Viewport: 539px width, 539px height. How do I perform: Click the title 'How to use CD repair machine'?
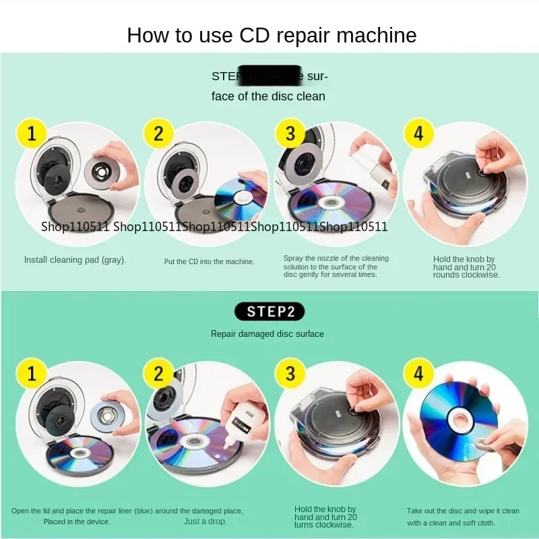272,35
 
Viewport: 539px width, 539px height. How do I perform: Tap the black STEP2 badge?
269,311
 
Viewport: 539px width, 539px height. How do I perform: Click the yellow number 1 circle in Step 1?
31,133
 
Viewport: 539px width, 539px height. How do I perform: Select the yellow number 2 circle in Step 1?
158,133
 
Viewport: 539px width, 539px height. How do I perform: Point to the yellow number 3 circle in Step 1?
290,133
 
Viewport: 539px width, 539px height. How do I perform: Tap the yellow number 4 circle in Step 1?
418,133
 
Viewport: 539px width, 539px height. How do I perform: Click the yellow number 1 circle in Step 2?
31,372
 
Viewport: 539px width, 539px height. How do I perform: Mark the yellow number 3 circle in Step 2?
290,372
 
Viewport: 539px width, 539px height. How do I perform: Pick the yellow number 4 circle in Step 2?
418,372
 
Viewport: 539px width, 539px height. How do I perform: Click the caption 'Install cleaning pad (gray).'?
75,259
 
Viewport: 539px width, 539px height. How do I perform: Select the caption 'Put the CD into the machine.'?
210,261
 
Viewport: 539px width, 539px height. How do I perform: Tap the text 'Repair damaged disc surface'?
267,334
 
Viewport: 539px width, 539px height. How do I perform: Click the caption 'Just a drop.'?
205,521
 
